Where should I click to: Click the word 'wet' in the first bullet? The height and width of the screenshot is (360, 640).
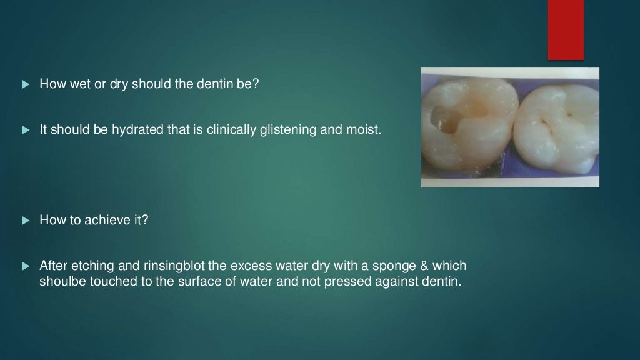(79, 84)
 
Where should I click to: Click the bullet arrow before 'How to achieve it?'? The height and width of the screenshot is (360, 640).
(26, 220)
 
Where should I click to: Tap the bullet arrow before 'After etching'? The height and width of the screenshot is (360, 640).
(26, 266)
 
